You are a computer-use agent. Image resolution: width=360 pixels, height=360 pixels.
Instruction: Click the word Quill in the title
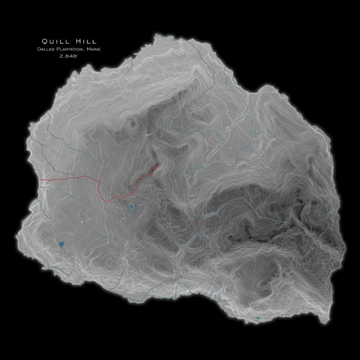[55, 42]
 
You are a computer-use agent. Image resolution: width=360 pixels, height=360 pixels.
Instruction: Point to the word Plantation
[70, 49]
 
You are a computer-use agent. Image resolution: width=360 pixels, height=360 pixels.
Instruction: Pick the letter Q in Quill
[45, 42]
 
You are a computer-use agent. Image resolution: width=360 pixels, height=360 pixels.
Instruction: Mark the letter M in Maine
[89, 49]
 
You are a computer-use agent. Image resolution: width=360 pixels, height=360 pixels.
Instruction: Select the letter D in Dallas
[39, 49]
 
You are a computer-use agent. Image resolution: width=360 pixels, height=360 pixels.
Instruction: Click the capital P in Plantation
[57, 49]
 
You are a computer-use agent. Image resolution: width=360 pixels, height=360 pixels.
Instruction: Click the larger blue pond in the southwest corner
[61, 244]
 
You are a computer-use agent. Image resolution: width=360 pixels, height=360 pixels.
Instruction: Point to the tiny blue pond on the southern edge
[257, 318]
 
